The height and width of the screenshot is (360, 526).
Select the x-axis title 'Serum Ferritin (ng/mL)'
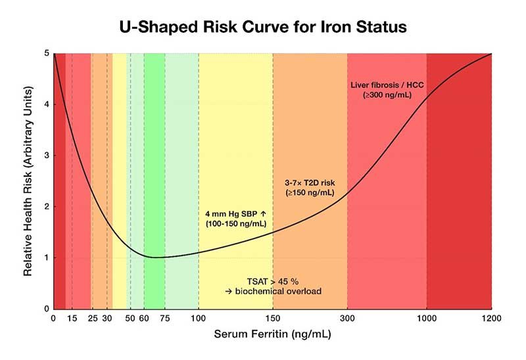272,334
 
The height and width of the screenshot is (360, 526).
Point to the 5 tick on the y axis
46,53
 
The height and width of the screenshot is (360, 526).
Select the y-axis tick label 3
46,156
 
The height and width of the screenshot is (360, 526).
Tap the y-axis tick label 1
46,258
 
